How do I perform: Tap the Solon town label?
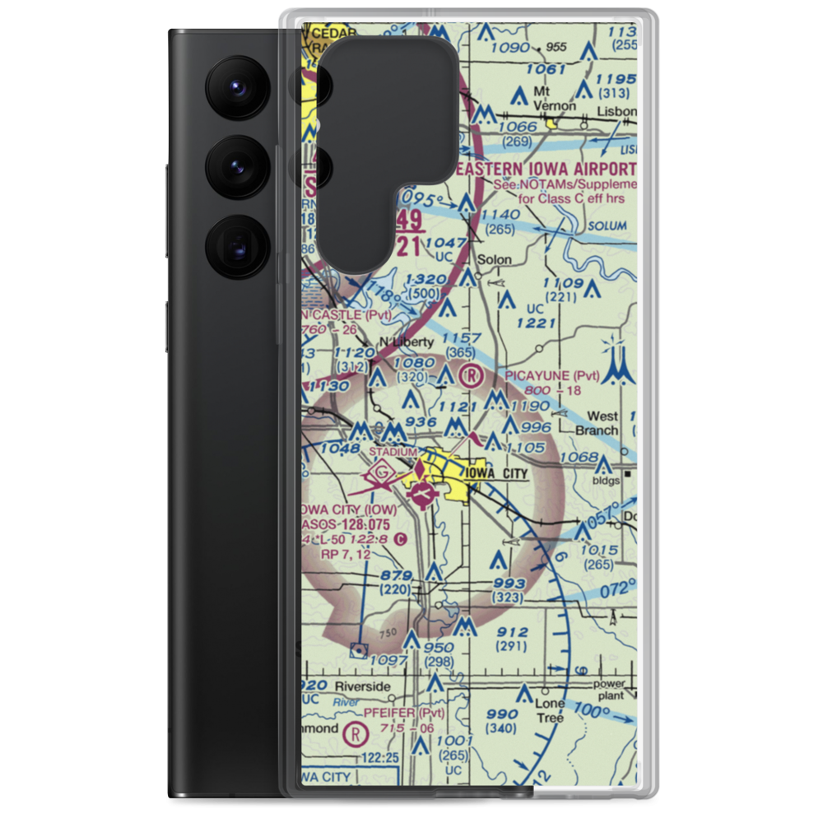pyautogui.click(x=495, y=259)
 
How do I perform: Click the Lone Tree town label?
pyautogui.click(x=550, y=710)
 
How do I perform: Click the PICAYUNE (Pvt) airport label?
pyautogui.click(x=552, y=376)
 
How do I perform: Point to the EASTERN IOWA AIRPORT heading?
pyautogui.click(x=546, y=168)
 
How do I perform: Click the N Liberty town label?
pyautogui.click(x=405, y=342)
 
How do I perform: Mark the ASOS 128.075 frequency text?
pyautogui.click(x=346, y=523)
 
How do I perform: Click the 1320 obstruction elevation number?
pyautogui.click(x=425, y=280)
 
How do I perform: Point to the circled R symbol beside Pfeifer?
pyautogui.click(x=356, y=732)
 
